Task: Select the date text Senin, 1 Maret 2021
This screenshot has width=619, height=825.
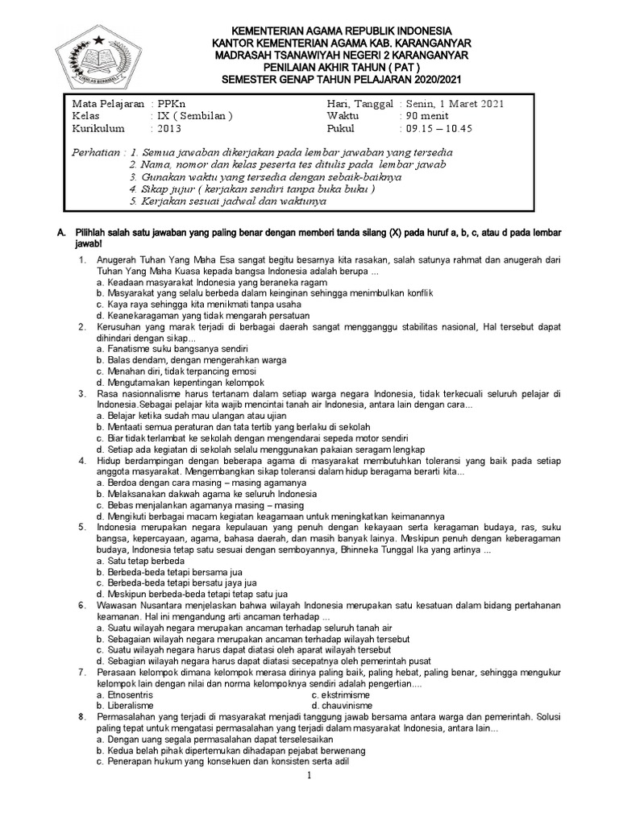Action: [457, 104]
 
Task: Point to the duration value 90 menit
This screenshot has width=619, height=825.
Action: [426, 116]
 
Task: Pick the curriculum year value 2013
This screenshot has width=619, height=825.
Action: [170, 128]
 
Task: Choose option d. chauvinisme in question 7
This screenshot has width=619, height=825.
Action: [339, 706]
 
